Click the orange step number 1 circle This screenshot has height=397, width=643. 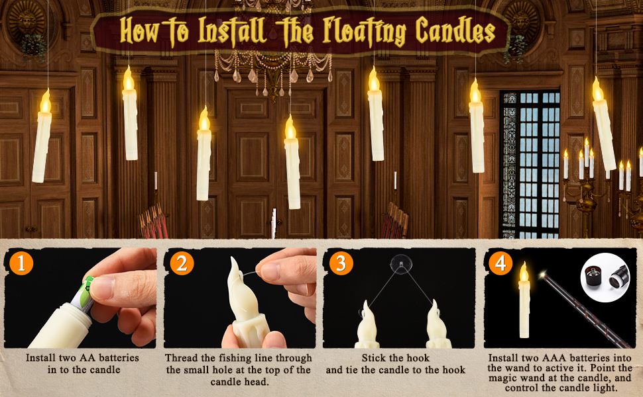click(21, 263)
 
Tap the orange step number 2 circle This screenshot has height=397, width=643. click(181, 263)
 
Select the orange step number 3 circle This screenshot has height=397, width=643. click(340, 263)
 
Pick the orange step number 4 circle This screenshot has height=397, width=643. click(500, 263)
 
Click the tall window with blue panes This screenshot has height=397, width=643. click(530, 162)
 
